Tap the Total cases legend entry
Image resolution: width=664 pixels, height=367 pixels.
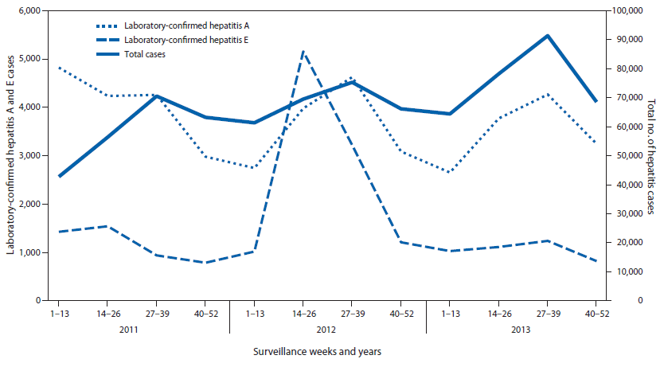click(144, 54)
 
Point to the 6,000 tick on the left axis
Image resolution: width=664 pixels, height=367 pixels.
click(33, 10)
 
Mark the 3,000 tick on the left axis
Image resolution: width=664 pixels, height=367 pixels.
click(33, 156)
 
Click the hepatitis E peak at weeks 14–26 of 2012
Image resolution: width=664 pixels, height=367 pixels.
click(303, 51)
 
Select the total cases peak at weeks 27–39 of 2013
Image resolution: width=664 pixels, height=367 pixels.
click(547, 36)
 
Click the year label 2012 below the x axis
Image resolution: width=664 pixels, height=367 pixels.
click(327, 327)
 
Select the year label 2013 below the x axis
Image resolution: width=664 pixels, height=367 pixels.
click(523, 327)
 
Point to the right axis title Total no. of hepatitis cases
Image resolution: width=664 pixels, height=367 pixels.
click(652, 156)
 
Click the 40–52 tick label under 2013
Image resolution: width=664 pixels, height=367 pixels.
click(596, 314)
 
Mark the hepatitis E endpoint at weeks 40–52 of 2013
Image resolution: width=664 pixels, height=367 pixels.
click(596, 260)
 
